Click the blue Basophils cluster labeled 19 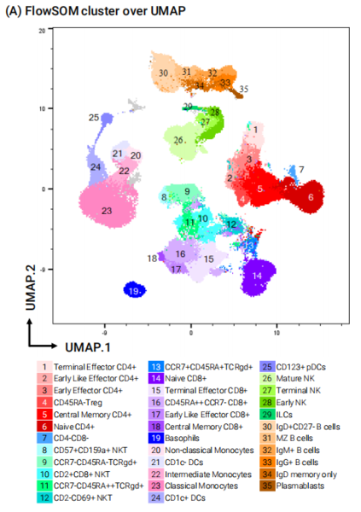(x=133, y=290)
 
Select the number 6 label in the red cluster (x=311, y=196)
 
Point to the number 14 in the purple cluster (x=259, y=275)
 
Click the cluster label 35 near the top (x=243, y=89)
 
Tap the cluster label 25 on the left (x=93, y=117)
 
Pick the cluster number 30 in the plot (x=163, y=73)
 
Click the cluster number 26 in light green (x=178, y=140)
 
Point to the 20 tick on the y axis (x=40, y=30)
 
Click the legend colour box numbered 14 (x=157, y=377)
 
